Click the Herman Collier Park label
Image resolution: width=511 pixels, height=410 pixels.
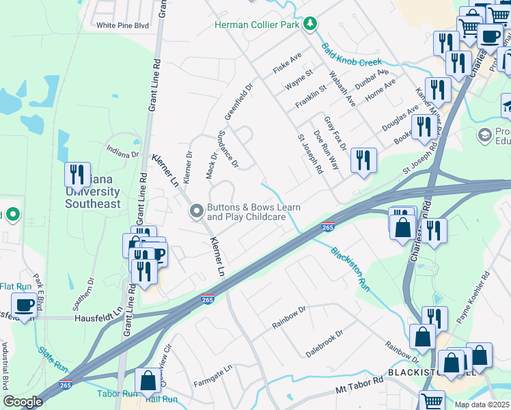click(258, 25)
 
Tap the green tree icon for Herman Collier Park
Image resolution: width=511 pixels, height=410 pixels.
click(311, 24)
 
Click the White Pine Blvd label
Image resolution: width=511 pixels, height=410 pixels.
click(122, 25)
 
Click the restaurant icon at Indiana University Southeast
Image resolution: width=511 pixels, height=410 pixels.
click(77, 175)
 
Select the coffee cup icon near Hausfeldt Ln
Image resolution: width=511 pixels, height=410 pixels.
click(25, 305)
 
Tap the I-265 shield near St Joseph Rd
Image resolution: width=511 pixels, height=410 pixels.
click(327, 228)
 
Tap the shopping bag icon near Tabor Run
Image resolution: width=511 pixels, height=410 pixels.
click(148, 381)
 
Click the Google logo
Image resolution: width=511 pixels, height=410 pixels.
click(23, 402)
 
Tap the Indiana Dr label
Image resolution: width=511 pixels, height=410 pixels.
click(122, 151)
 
